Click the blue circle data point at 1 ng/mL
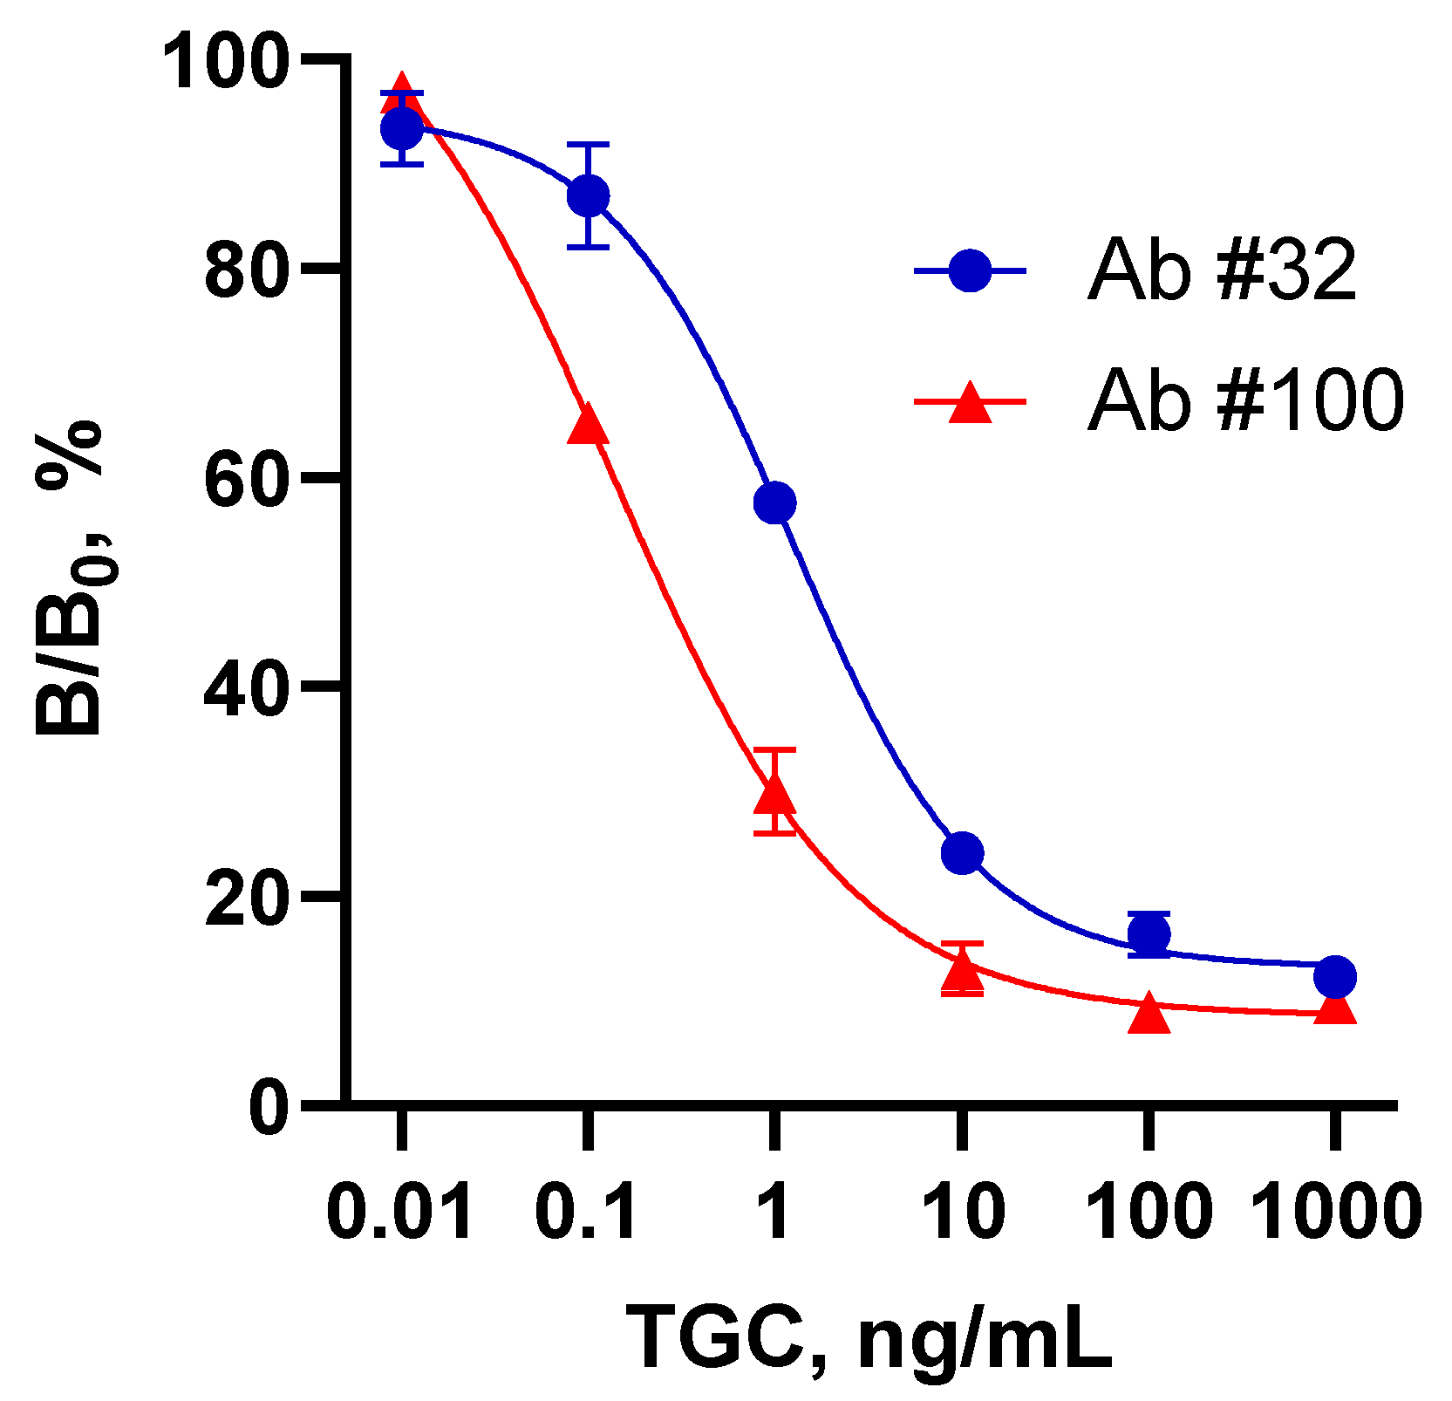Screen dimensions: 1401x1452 click(774, 502)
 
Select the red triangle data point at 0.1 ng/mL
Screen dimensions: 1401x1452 click(588, 426)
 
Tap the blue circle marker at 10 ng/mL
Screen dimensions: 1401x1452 click(962, 852)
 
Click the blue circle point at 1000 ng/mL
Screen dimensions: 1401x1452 click(1334, 976)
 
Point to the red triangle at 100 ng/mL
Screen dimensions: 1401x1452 click(1149, 1015)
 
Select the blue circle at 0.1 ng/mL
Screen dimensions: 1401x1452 click(588, 196)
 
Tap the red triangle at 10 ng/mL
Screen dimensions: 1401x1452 click(962, 971)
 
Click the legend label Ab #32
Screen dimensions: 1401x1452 click(1221, 270)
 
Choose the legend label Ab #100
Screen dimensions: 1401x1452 click(1245, 400)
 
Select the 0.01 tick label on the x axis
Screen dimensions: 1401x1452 click(400, 1212)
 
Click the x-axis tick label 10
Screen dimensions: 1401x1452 click(963, 1212)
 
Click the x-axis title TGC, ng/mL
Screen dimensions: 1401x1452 click(869, 1339)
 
